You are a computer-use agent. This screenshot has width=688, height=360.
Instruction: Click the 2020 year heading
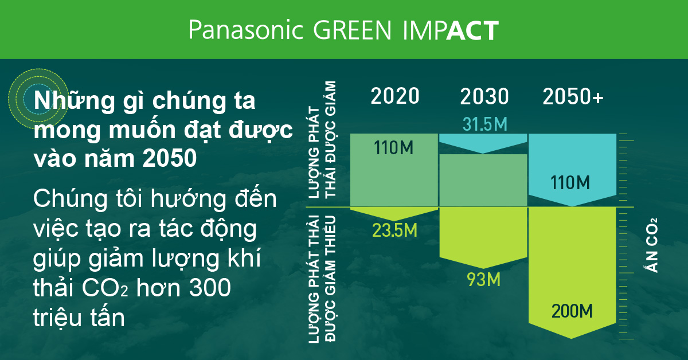[395, 96]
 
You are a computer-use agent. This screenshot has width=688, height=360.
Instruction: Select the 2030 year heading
[484, 96]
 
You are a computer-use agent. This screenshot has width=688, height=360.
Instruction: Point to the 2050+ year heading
[573, 96]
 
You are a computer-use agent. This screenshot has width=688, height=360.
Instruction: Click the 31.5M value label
[484, 124]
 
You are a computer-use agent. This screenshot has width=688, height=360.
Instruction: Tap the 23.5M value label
[394, 230]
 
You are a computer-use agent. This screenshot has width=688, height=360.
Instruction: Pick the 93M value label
[484, 280]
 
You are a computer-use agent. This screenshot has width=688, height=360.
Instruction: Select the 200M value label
[572, 312]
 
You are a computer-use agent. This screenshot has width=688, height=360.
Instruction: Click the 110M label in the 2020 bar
[394, 148]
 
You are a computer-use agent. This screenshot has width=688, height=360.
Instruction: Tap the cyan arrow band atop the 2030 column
[483, 142]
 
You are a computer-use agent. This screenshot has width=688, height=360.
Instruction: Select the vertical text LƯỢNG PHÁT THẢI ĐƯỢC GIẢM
[322, 140]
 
